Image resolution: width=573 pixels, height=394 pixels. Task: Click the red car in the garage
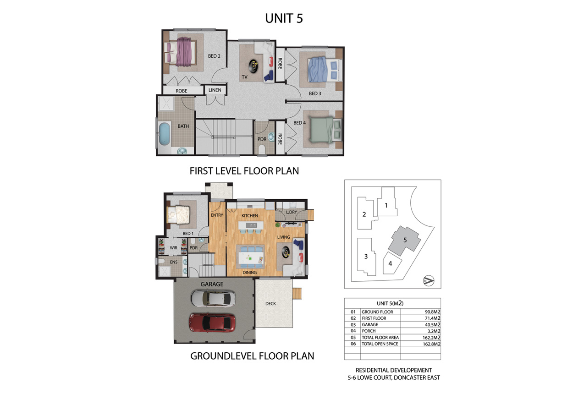pyautogui.click(x=212, y=323)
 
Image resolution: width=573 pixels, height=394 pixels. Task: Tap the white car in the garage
pyautogui.click(x=213, y=298)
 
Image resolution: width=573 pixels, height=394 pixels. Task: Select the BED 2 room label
pyautogui.click(x=214, y=56)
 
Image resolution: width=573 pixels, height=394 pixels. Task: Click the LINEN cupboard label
pyautogui.click(x=215, y=90)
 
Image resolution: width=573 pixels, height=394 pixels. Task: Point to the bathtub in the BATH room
pyautogui.click(x=164, y=134)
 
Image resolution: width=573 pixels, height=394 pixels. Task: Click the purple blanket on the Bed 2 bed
pyautogui.click(x=184, y=51)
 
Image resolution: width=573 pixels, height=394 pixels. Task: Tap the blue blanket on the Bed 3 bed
pyautogui.click(x=318, y=69)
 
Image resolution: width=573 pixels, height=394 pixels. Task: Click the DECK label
pyautogui.click(x=270, y=303)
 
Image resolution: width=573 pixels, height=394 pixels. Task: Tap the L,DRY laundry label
pyautogui.click(x=292, y=212)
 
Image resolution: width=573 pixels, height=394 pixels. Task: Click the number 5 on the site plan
pyautogui.click(x=405, y=240)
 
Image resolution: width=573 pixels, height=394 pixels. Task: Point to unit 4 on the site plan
pyautogui.click(x=391, y=263)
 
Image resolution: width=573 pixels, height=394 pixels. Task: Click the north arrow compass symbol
pyautogui.click(x=429, y=280)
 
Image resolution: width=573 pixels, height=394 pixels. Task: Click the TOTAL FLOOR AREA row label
pyautogui.click(x=380, y=338)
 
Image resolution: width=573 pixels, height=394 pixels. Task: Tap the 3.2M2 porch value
pyautogui.click(x=434, y=331)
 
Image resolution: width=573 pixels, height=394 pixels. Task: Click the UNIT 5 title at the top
pyautogui.click(x=284, y=18)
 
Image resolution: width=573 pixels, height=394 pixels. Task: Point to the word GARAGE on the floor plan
pyautogui.click(x=212, y=284)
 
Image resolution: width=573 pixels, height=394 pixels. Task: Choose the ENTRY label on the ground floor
pyautogui.click(x=217, y=215)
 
